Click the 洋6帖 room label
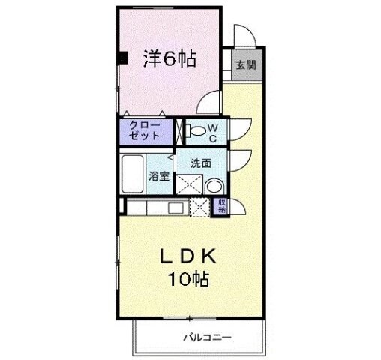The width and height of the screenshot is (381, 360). (169, 58)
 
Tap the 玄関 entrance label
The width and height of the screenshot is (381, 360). (244, 64)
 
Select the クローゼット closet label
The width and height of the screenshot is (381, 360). (145, 131)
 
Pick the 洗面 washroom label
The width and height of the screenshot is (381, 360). (199, 163)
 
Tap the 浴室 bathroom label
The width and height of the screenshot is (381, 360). (159, 178)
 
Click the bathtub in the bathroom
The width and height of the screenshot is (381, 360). (133, 173)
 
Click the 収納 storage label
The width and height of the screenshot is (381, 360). (222, 205)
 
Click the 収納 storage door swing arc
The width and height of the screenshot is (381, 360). (238, 203)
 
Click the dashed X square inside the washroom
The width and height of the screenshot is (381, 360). (187, 184)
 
